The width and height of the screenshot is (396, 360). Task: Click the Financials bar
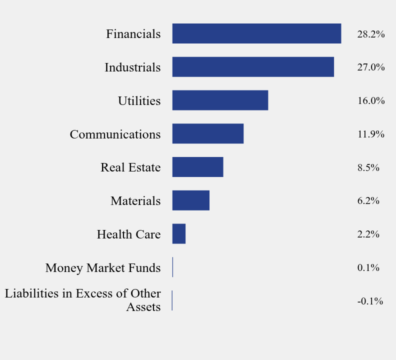[x=256, y=33]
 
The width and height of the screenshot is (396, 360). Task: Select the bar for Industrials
[x=253, y=67]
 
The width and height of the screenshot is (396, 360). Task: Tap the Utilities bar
[x=220, y=100]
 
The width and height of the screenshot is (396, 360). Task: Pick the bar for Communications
[x=208, y=134]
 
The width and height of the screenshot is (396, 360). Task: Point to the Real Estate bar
[x=197, y=167]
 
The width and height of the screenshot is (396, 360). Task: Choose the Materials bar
[x=190, y=200]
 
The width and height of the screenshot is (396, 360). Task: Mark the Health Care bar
[x=179, y=234]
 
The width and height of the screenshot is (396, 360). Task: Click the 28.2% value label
[x=370, y=34]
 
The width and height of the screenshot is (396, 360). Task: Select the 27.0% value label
[x=370, y=67]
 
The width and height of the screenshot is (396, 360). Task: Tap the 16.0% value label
[x=370, y=101]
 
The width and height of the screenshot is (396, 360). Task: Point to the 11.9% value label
[x=370, y=134]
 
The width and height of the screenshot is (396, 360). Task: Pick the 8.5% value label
[x=368, y=167]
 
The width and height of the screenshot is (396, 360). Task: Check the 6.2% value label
[x=368, y=201]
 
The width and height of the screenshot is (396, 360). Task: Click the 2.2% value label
[x=368, y=234]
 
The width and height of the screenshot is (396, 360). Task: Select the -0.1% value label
[x=370, y=301]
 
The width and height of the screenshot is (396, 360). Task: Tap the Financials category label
[x=133, y=34]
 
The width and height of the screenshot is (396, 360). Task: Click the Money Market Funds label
[x=103, y=268]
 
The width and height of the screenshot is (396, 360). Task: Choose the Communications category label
[x=115, y=134]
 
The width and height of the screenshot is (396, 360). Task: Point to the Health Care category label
[x=129, y=234]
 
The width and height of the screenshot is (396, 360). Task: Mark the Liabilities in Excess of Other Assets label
[x=83, y=300]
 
